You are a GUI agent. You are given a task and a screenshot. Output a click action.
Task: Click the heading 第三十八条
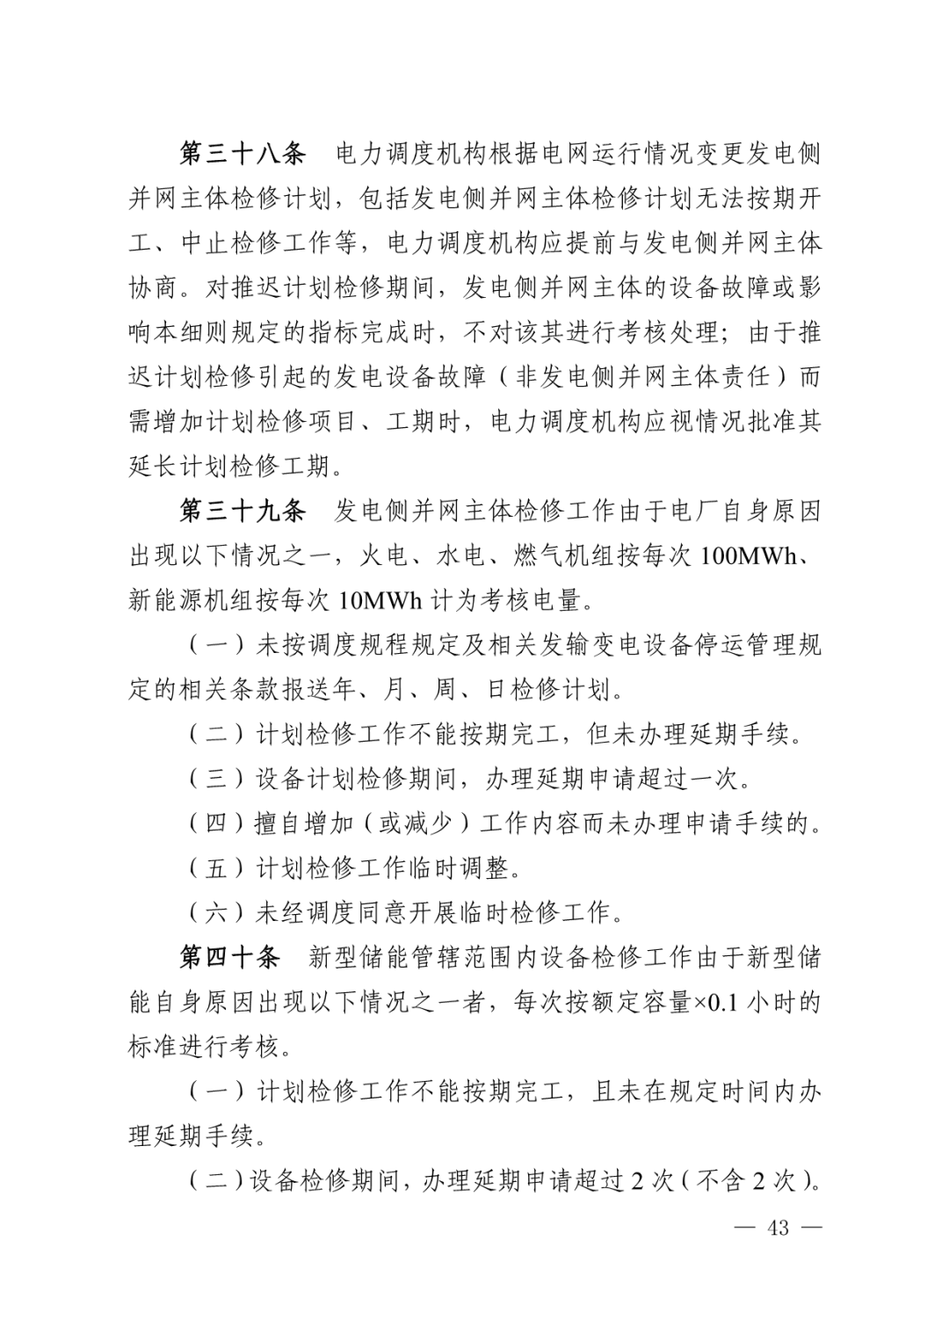pyautogui.click(x=243, y=154)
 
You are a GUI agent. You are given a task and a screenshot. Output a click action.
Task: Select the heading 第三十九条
pyautogui.click(x=243, y=511)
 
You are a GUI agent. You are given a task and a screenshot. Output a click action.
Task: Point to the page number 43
pyautogui.click(x=778, y=1228)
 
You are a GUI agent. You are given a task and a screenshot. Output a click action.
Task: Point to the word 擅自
pyautogui.click(x=279, y=823)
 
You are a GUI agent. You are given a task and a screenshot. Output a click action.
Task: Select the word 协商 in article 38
pyautogui.click(x=154, y=287)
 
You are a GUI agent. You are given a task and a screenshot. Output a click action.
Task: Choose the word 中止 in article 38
pyautogui.click(x=204, y=243)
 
